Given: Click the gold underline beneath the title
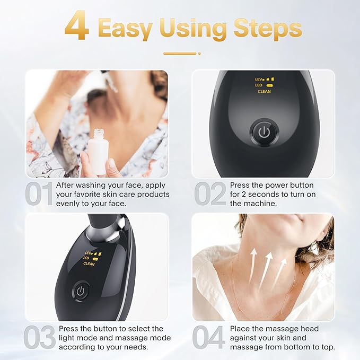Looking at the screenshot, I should point(180,53).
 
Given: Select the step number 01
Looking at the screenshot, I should point(40,194).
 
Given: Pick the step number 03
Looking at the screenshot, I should point(40,337).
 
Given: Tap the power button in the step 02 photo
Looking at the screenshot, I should point(262,131).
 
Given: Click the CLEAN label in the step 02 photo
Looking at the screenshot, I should point(264,92).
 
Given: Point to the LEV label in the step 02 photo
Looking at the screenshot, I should point(259,78).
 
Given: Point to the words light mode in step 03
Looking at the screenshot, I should point(80,337).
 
